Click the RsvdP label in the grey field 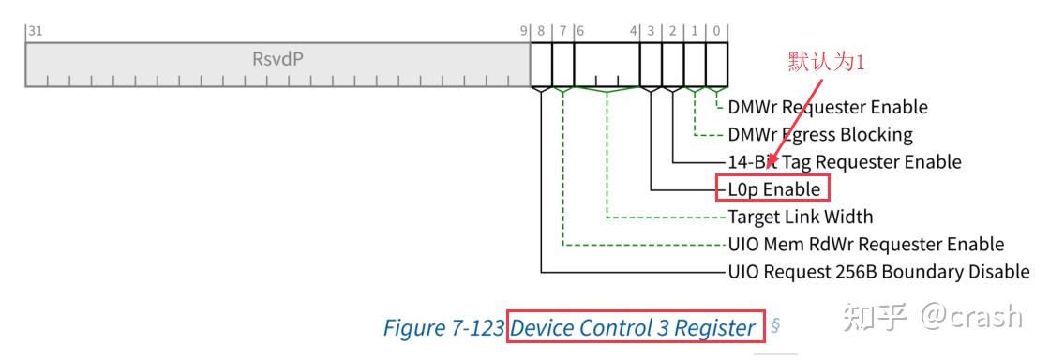[x=277, y=58]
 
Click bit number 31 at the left [x=35, y=31]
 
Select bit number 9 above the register [x=525, y=31]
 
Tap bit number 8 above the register [x=541, y=31]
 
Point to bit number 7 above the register [x=563, y=31]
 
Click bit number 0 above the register [x=716, y=31]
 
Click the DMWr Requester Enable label [x=828, y=107]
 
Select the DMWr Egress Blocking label [x=820, y=134]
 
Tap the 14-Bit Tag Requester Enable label [x=845, y=161]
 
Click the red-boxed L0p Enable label [x=773, y=188]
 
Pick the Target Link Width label [x=801, y=217]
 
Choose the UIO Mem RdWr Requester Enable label [x=866, y=244]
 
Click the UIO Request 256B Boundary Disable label [x=879, y=272]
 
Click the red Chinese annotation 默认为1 [x=824, y=62]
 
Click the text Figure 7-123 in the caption [x=444, y=328]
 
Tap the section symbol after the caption [x=775, y=327]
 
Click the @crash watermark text [x=971, y=316]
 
